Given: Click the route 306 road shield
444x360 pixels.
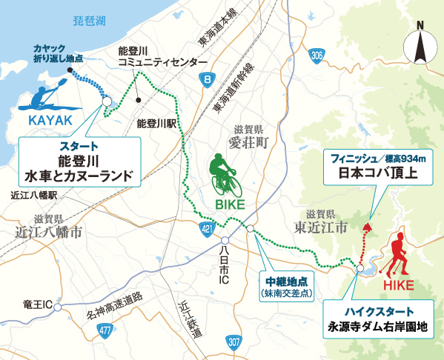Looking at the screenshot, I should click(318, 55).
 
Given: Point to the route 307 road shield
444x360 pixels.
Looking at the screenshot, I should click(234, 340).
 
